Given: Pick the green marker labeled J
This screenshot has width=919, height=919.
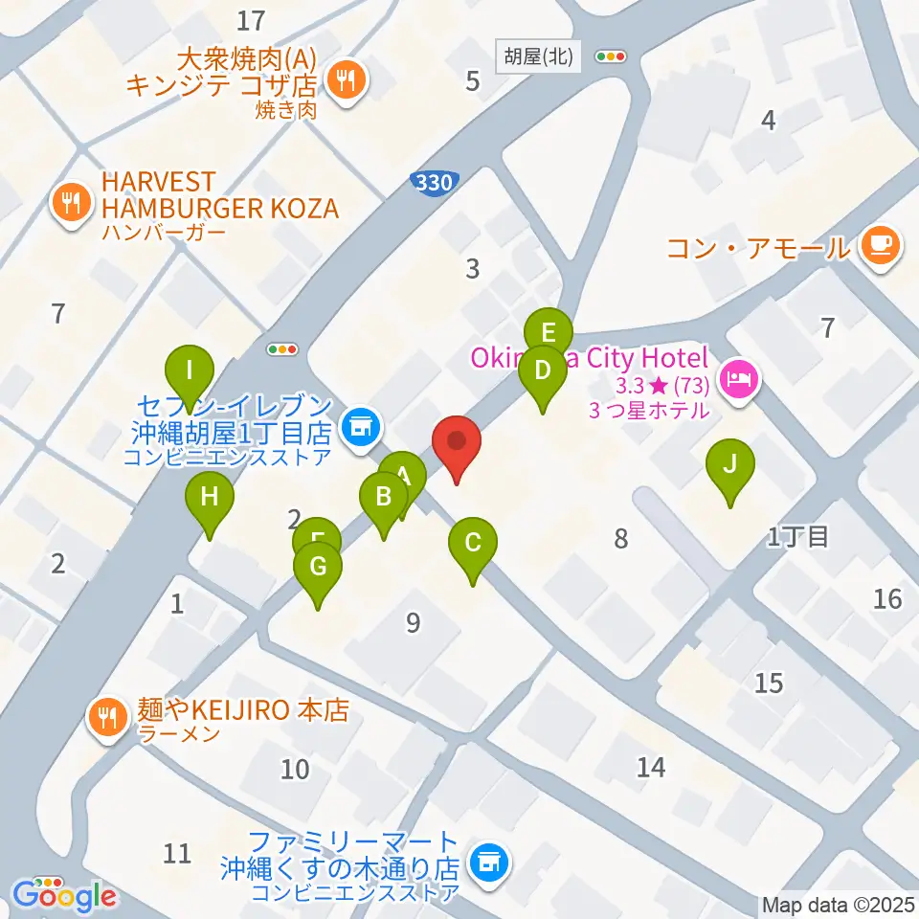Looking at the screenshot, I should click(729, 465).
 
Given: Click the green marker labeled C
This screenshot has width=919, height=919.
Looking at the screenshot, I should click(472, 544).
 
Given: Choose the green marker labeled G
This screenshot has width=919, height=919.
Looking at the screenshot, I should click(318, 567).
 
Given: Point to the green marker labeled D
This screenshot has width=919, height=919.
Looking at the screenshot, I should click(542, 370).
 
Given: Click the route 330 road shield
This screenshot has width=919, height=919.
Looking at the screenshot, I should click(436, 182).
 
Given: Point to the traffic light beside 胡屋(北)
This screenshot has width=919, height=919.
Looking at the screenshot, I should click(610, 56).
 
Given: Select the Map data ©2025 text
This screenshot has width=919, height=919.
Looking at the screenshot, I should click(838, 905).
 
